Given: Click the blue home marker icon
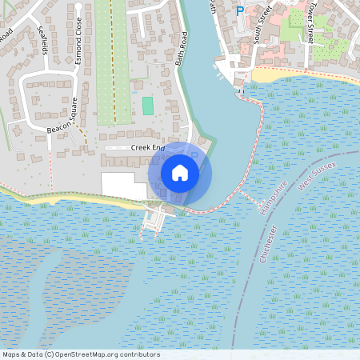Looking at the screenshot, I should tap(180, 172).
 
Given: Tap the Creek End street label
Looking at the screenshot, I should tap(146, 148).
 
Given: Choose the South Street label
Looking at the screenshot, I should tap(262, 23).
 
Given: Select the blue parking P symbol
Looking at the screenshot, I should tap(239, 11).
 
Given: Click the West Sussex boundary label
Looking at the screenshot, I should tap(318, 175).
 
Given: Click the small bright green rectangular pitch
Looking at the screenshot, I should tap(147, 105).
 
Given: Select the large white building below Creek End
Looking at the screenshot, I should tap(123, 185).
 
